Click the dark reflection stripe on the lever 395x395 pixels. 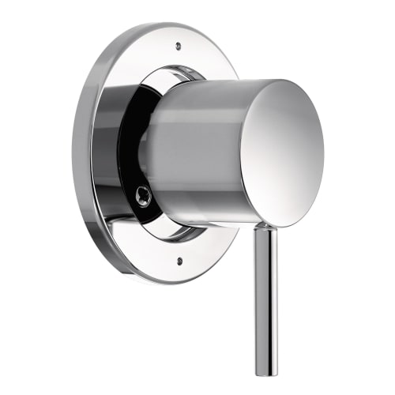(x=261, y=300)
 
